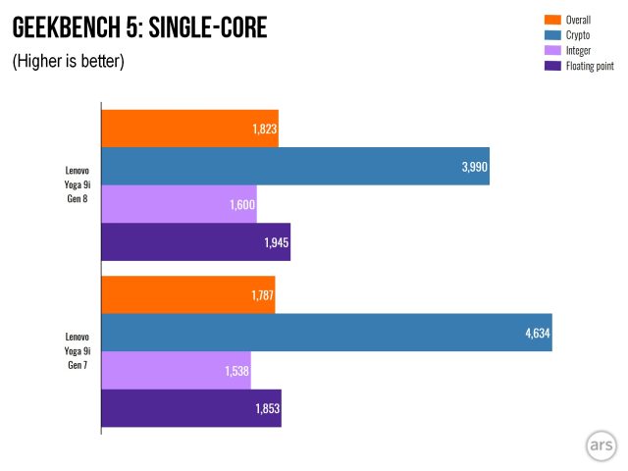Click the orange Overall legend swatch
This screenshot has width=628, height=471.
[550, 19]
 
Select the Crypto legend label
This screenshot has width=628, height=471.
[580, 34]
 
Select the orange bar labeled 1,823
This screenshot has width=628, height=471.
[189, 128]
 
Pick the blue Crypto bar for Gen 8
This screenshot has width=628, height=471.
[294, 166]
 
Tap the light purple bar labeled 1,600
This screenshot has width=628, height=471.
[179, 204]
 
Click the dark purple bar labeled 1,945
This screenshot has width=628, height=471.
[195, 242]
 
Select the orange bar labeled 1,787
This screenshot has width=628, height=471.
[187, 294]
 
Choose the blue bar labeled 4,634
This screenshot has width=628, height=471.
[326, 333]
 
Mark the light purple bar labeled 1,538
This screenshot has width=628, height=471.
[176, 371]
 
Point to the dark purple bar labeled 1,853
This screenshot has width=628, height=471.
[190, 409]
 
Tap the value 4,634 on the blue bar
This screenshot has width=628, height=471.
[537, 334]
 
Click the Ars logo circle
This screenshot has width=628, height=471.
[602, 445]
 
